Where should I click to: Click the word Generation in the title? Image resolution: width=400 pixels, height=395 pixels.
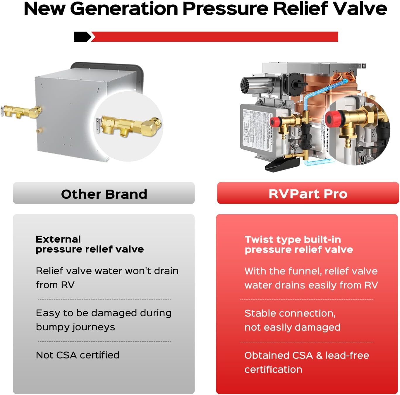[x=124, y=9]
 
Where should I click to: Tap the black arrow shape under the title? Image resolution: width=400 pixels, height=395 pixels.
[x=82, y=37]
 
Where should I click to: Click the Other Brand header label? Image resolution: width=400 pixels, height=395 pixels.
[x=104, y=194]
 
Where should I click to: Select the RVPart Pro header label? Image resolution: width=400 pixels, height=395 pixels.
[x=308, y=194]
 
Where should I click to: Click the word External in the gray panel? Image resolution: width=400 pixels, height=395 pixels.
[x=58, y=239]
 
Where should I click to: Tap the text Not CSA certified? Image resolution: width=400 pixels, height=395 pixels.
[x=78, y=355]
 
